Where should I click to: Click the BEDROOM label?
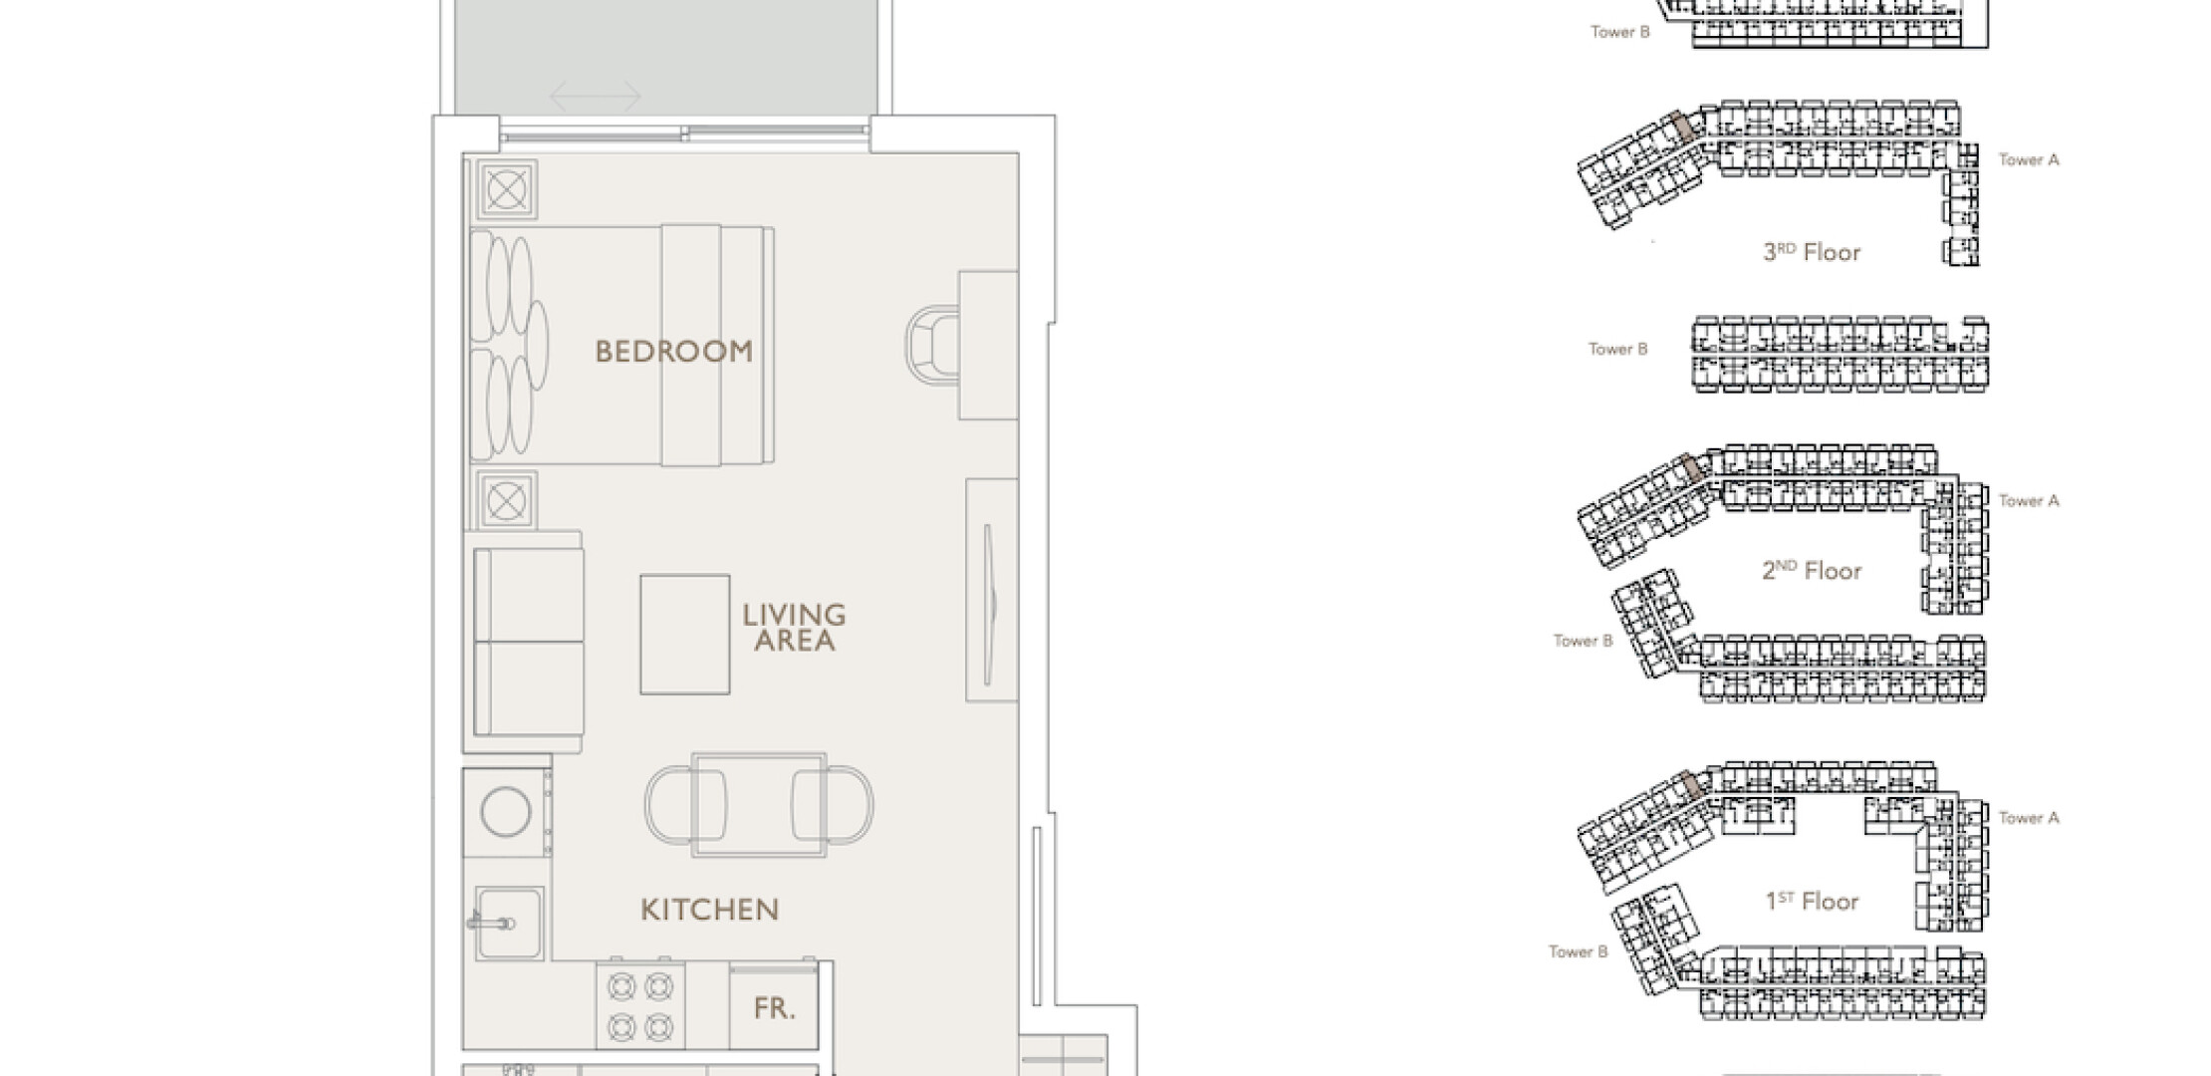[673, 352]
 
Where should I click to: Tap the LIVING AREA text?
[794, 628]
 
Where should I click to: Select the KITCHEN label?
[709, 910]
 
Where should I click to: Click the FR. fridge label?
[774, 1008]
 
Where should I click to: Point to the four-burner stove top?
[640, 1005]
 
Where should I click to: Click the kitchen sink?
[509, 924]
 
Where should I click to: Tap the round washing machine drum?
[506, 811]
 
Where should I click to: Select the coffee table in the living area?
[685, 635]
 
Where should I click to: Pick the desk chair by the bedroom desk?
[932, 344]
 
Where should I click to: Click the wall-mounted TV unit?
[991, 590]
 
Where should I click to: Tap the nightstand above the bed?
[506, 188]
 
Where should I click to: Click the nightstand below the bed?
[506, 500]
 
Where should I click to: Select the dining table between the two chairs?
[759, 805]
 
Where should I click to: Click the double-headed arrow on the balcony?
[596, 97]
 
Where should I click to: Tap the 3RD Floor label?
[1812, 252]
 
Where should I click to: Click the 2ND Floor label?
[1812, 571]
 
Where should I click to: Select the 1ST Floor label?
[1812, 902]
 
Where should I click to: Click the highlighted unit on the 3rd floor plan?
[1682, 127]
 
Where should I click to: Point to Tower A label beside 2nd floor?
[2029, 501]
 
